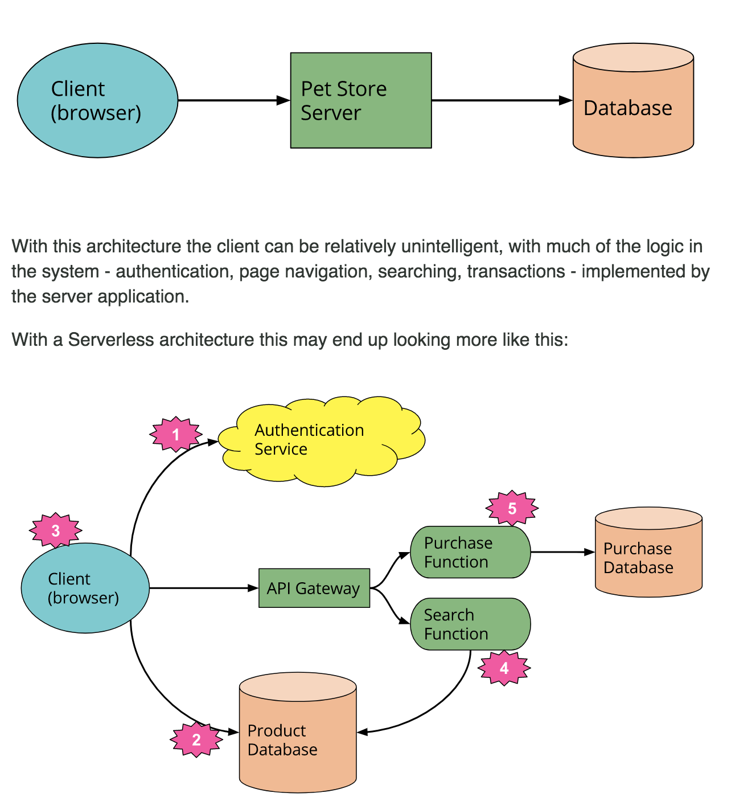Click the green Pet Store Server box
[x=360, y=100]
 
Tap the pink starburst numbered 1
[x=176, y=435]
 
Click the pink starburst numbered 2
[x=196, y=739]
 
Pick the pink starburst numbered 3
[x=56, y=530]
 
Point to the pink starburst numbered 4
[x=504, y=668]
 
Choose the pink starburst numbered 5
[x=512, y=508]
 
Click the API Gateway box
[x=314, y=588]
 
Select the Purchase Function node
[x=470, y=552]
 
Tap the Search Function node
[x=470, y=624]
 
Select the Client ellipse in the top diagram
[x=97, y=100]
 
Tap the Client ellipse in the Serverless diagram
[x=85, y=588]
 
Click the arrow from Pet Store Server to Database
[x=501, y=100]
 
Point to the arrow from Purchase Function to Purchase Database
[x=561, y=551]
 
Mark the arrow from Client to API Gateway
[x=203, y=588]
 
